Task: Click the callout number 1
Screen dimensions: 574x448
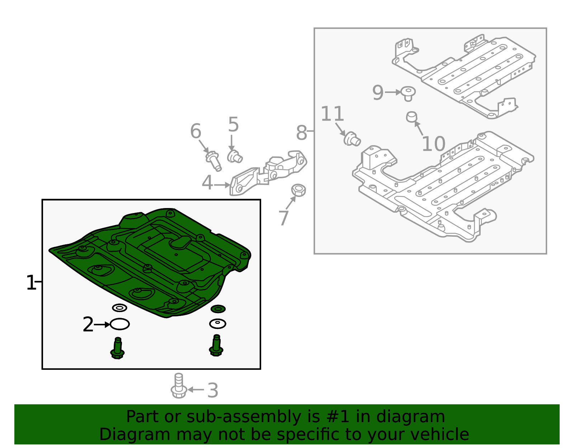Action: (x=31, y=283)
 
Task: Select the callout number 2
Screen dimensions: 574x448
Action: (x=88, y=325)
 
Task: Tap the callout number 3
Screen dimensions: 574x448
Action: (x=213, y=391)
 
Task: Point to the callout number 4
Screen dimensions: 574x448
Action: (x=207, y=183)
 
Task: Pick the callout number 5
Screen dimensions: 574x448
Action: (x=233, y=124)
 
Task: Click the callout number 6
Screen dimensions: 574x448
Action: (x=196, y=131)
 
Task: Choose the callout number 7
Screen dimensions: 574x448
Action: (x=283, y=218)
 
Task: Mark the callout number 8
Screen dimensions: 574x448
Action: (x=301, y=133)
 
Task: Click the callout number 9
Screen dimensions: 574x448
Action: (x=378, y=93)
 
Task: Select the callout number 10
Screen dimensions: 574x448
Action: (x=433, y=144)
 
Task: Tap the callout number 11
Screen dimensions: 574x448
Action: (x=332, y=114)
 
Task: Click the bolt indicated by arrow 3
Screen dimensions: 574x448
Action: (x=179, y=386)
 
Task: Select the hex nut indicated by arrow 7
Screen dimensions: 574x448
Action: (x=298, y=190)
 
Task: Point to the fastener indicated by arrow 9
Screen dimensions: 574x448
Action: (x=408, y=94)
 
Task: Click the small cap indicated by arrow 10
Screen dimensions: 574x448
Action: (x=411, y=117)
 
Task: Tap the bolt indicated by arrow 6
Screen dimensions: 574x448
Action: (x=213, y=161)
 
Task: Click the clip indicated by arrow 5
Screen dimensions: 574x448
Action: (x=235, y=156)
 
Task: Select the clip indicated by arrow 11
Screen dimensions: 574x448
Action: (x=352, y=139)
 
